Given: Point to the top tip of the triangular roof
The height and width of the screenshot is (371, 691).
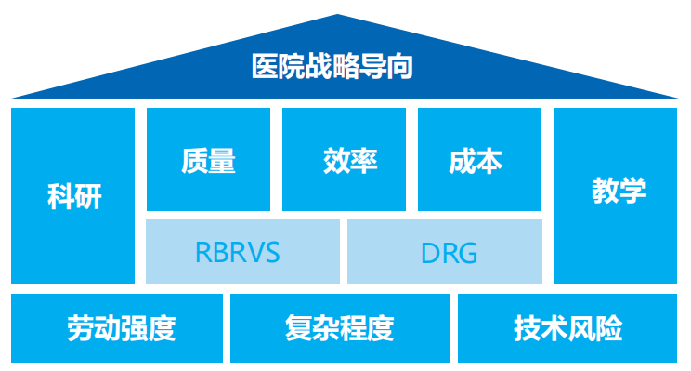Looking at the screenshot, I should [x=345, y=16].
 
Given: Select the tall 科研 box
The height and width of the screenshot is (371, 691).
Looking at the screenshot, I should [x=73, y=195].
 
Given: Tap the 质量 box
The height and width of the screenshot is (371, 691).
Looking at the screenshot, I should [x=209, y=160].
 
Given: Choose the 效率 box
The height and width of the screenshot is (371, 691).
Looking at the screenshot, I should [x=344, y=160].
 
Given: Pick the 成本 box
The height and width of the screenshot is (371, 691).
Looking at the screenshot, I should [x=479, y=160].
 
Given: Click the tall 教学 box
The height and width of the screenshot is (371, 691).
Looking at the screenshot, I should [x=618, y=195].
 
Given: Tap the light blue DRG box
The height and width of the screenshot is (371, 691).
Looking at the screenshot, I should [x=445, y=251].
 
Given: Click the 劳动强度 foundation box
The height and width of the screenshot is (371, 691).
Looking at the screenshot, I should [x=118, y=328].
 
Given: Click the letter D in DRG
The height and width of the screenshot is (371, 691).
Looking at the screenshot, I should [x=430, y=252].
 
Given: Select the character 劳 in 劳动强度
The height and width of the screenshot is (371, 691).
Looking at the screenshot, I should [x=78, y=328].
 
